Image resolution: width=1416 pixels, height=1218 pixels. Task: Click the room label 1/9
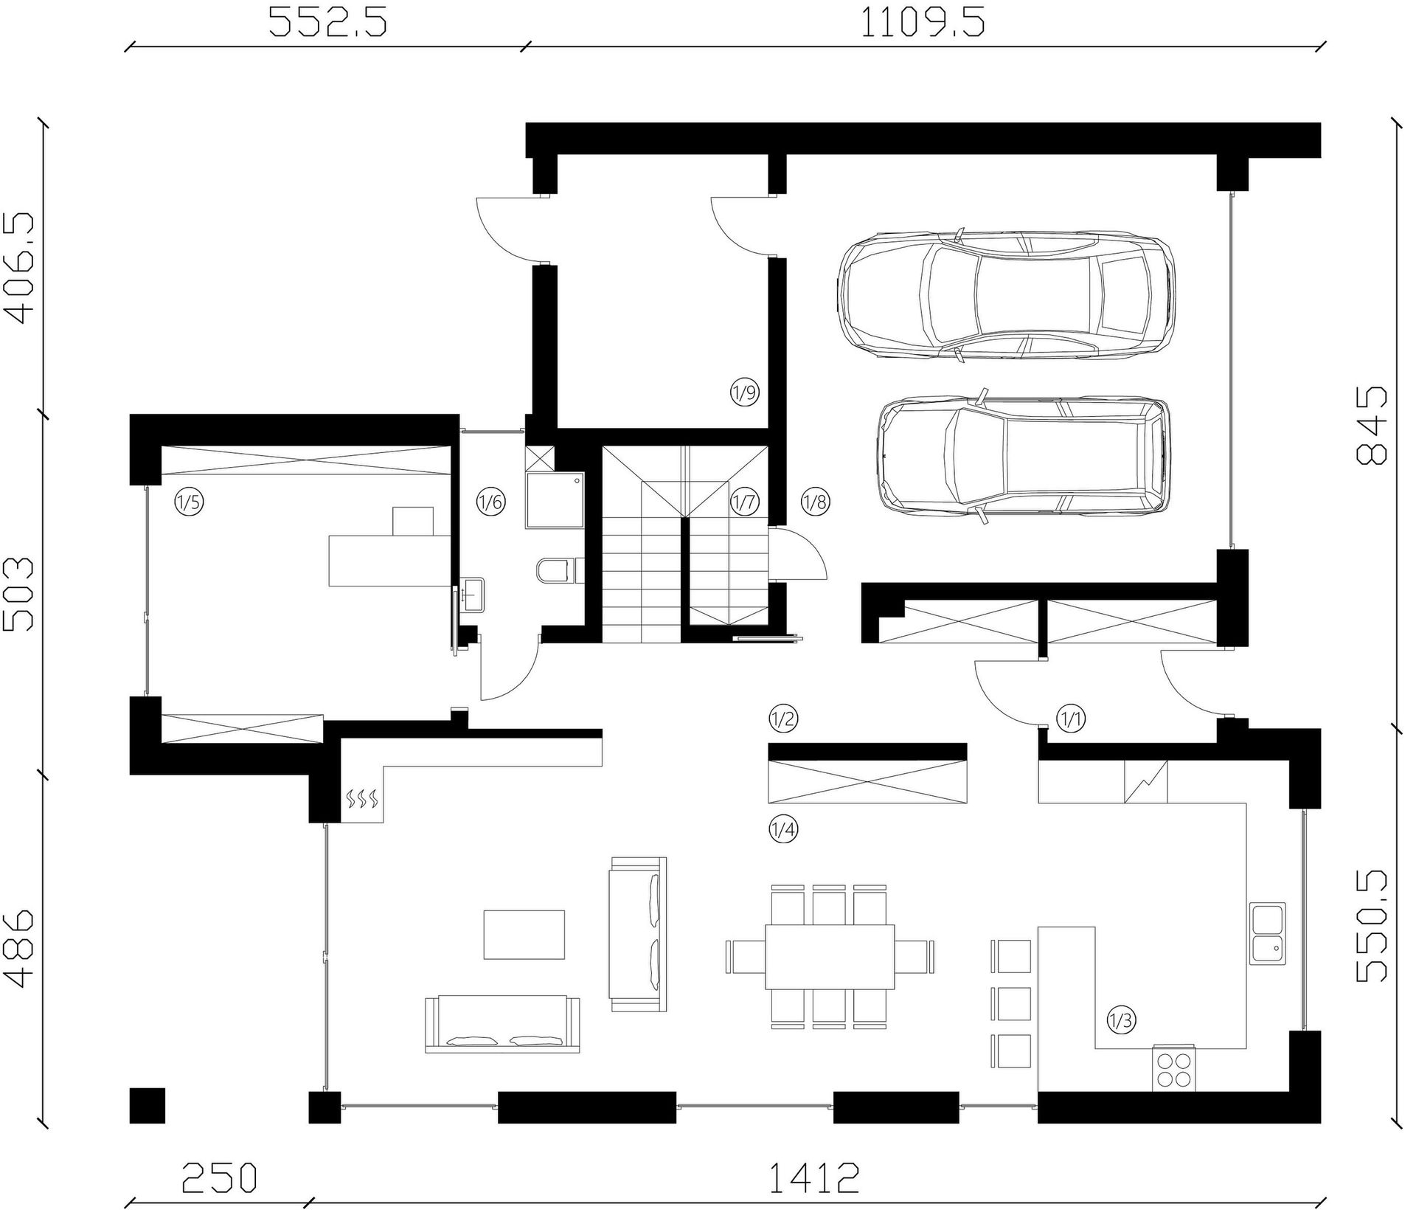[x=744, y=392]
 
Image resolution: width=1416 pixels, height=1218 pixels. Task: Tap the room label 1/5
[x=188, y=502]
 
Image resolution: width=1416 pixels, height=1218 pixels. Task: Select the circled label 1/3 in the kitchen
[x=1121, y=1021]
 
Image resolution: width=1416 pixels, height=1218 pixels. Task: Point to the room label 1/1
[x=1071, y=718]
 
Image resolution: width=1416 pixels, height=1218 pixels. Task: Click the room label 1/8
[x=815, y=502]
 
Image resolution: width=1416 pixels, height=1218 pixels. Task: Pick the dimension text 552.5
[x=327, y=22]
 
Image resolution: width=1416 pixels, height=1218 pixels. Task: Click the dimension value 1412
[x=814, y=1178]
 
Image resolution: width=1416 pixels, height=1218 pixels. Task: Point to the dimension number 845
[x=1372, y=426]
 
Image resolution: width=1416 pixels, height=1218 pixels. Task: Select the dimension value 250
[x=219, y=1178]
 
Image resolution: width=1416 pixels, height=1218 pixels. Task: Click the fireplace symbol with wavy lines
[x=362, y=797]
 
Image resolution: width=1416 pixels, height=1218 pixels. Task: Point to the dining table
[x=830, y=956]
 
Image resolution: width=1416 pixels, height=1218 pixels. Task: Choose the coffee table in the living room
[x=524, y=935]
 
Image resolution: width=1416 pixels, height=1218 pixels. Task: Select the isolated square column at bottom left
[x=147, y=1105]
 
